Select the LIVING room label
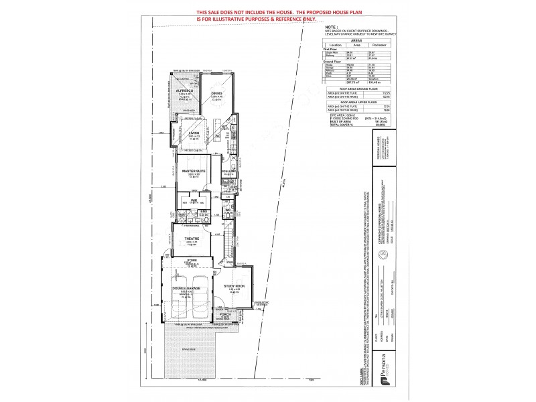click(x=194, y=133)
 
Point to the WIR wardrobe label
click(x=192, y=199)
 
